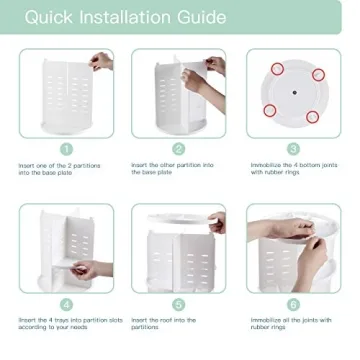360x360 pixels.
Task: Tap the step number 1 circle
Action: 66,148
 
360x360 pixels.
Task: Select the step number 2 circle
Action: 179,148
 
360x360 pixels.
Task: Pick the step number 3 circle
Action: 293,148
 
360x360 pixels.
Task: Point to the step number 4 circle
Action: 66,303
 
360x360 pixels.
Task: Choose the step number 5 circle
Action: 179,303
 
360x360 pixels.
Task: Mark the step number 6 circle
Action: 293,303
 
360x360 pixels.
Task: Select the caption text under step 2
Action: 171,168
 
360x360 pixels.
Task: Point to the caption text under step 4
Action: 70,323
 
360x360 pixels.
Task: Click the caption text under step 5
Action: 166,323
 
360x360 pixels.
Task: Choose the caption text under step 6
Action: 280,323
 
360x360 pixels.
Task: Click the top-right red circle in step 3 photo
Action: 318,74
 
